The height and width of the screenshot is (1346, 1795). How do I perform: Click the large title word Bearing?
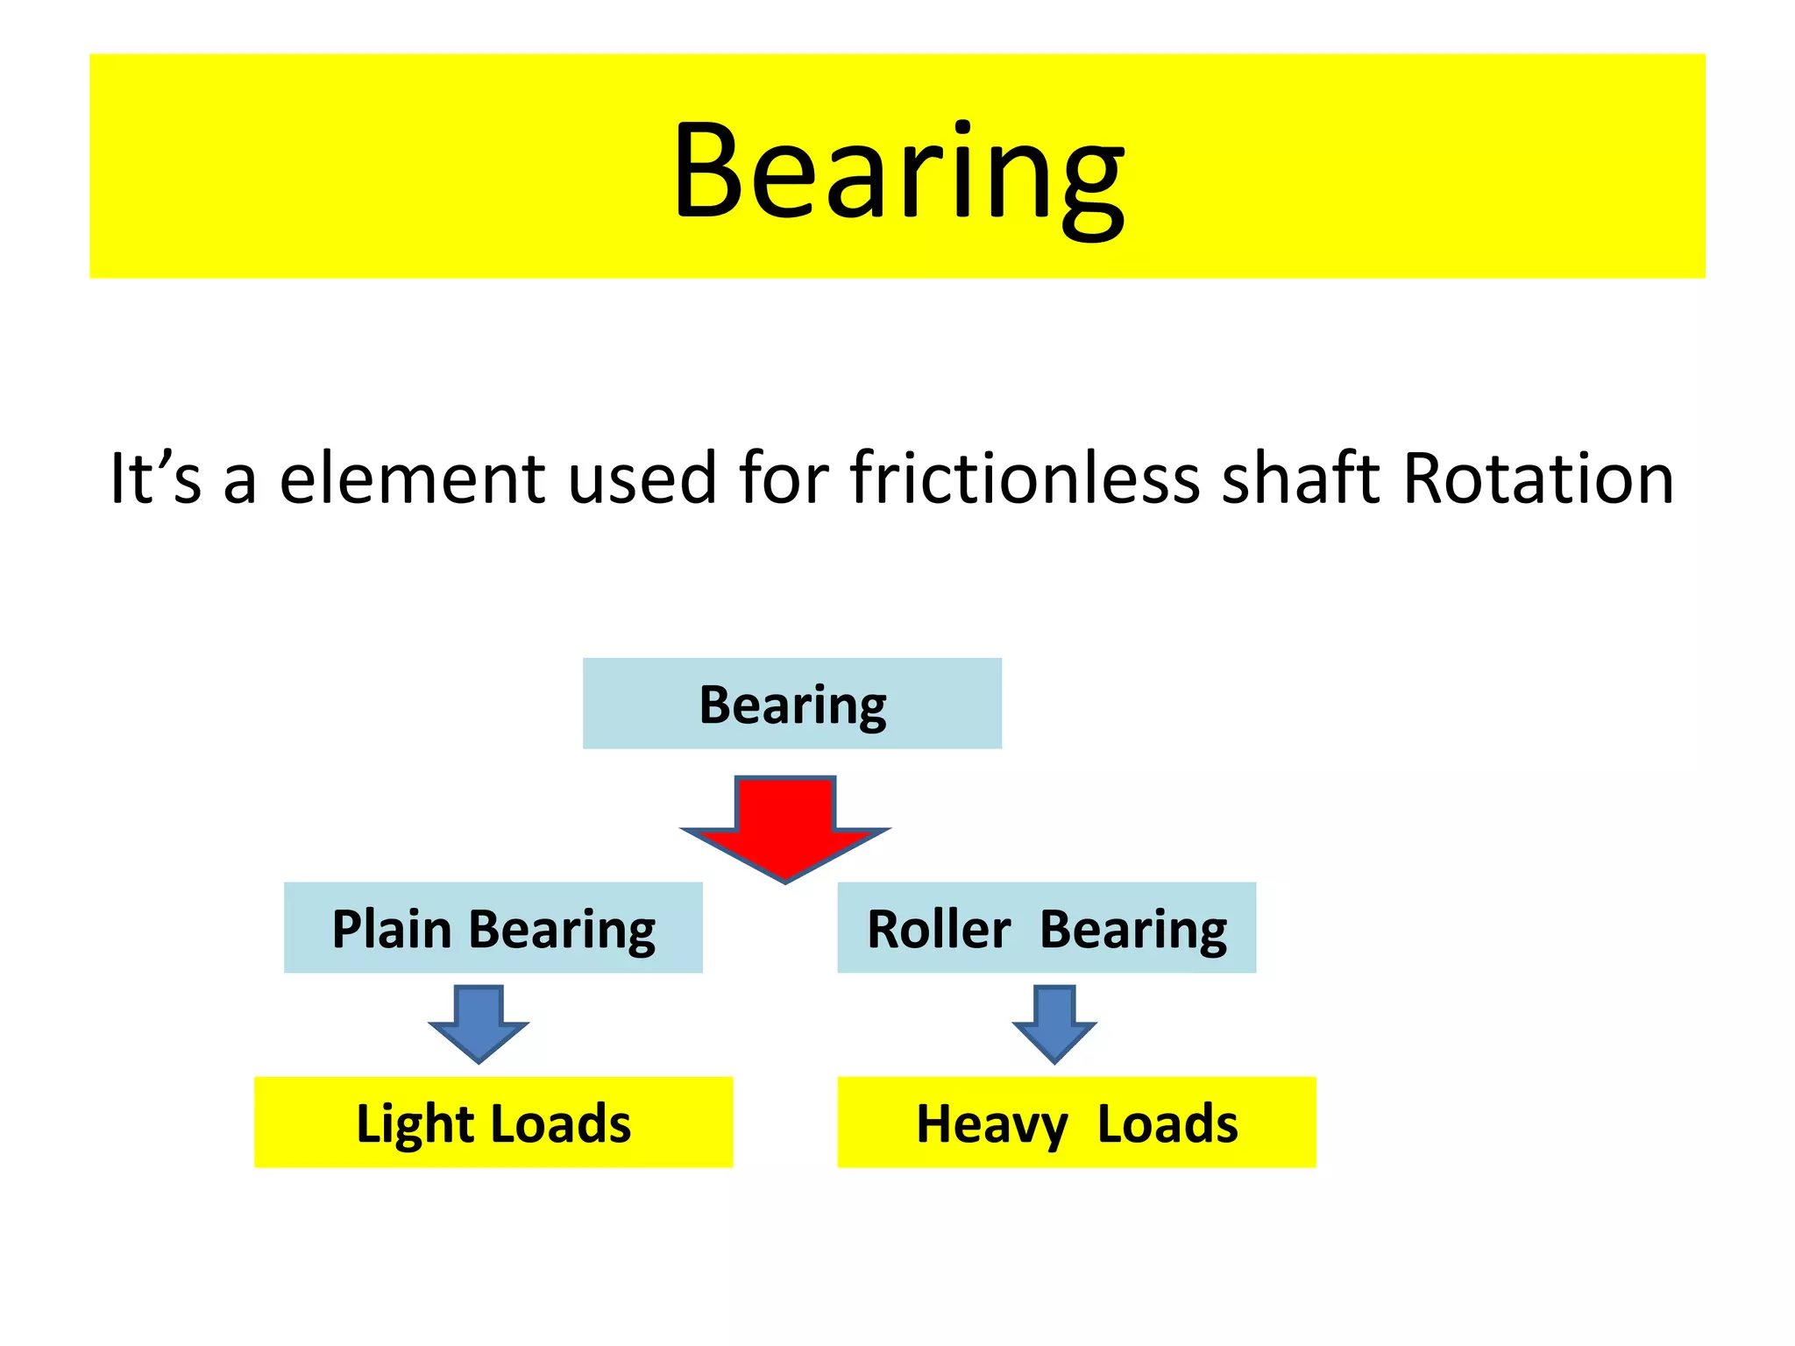tap(897, 171)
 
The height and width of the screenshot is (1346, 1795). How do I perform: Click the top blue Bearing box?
tap(791, 704)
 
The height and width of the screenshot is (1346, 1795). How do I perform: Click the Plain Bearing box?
tap(493, 928)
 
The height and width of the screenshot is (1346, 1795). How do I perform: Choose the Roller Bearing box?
tap(1046, 928)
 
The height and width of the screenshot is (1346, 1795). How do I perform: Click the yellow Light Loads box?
tap(493, 1123)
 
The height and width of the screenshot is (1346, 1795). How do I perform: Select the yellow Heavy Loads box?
tap(1076, 1123)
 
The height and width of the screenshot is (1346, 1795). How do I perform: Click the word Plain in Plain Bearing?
tap(391, 929)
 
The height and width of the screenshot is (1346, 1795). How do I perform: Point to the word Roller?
tap(939, 929)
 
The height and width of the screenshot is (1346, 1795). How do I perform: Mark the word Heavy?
tap(991, 1124)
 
